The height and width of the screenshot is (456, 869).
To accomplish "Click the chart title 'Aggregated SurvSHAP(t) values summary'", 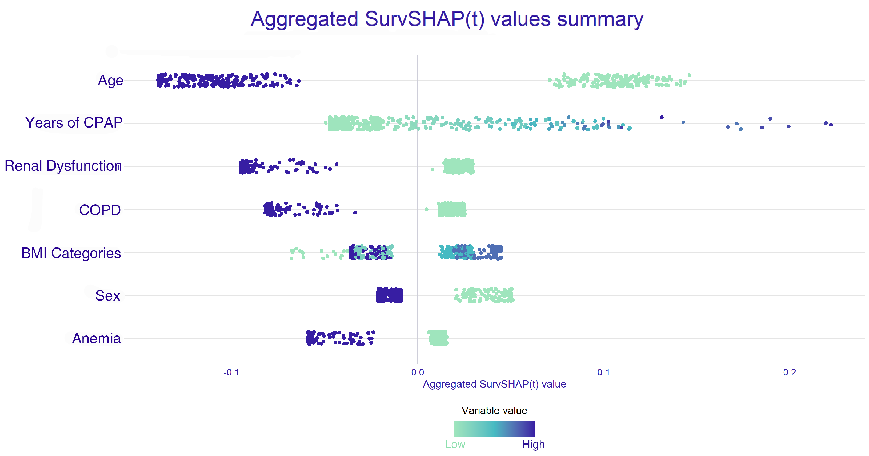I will [x=447, y=19].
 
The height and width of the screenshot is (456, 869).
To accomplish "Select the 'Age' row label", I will [x=110, y=81].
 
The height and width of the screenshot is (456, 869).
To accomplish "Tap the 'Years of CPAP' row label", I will [x=74, y=123].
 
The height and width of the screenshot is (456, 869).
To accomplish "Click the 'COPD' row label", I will [x=100, y=210].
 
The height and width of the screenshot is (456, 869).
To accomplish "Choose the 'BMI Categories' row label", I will [x=71, y=253].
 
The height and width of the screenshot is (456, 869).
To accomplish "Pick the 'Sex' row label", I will [x=108, y=296].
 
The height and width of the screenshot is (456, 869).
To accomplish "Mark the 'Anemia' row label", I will [x=97, y=339].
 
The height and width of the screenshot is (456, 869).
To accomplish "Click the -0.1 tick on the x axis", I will [x=231, y=372].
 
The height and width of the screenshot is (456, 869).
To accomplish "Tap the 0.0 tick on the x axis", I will [x=418, y=372].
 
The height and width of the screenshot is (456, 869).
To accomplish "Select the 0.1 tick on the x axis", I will [x=603, y=372].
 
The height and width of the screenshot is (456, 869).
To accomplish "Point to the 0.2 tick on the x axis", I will [x=789, y=372].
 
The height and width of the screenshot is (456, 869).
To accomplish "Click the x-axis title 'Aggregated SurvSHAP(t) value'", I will [x=494, y=384].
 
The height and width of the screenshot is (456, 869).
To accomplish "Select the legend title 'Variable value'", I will [x=494, y=410].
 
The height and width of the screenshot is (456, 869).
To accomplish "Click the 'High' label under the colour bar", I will [x=533, y=445].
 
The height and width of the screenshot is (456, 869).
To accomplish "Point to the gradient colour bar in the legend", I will [x=494, y=428].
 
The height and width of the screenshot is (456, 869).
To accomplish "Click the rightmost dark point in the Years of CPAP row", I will [x=831, y=125].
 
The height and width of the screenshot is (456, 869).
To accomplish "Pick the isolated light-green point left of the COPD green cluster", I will [x=426, y=209].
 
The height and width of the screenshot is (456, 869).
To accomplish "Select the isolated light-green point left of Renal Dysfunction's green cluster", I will [x=433, y=169].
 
